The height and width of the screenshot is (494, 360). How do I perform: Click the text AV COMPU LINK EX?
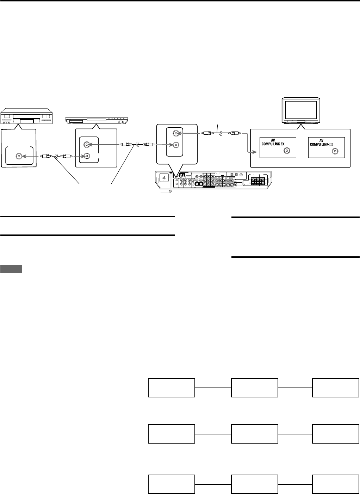pyautogui.click(x=275, y=142)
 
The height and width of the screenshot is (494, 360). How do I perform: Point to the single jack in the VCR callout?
pyautogui.click(x=18, y=156)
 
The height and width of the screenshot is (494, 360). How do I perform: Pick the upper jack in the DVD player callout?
pyautogui.click(x=86, y=145)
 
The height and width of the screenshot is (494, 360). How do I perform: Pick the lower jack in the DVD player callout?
pyautogui.click(x=86, y=156)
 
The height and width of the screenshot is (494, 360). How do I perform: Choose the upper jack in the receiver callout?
pyautogui.click(x=175, y=134)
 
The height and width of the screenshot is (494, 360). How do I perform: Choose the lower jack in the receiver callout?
pyautogui.click(x=175, y=145)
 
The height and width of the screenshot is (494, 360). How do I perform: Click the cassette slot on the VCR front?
pyautogui.click(x=26, y=121)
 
